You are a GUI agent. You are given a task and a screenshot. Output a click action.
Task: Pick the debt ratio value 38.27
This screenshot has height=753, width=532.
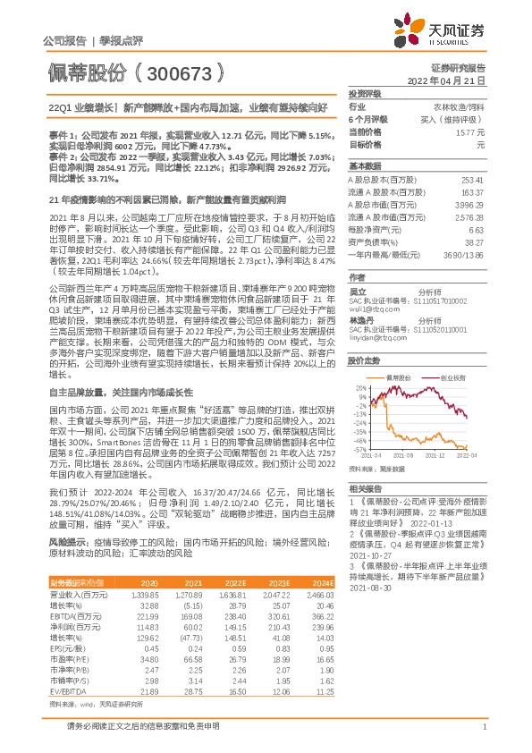(475, 241)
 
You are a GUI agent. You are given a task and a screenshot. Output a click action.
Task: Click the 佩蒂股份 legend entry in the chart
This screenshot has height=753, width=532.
(396, 378)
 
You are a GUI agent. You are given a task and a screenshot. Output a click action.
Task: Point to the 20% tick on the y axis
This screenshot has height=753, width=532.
(359, 387)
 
